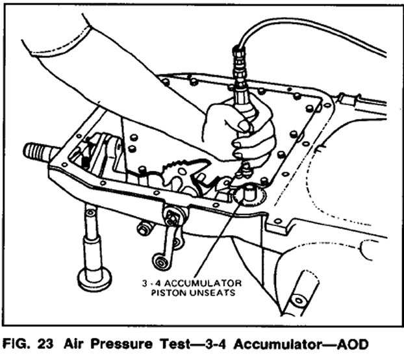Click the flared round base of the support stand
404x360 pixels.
(94, 279)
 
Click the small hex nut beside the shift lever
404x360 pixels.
(146, 229)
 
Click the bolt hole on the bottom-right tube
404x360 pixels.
(298, 301)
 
